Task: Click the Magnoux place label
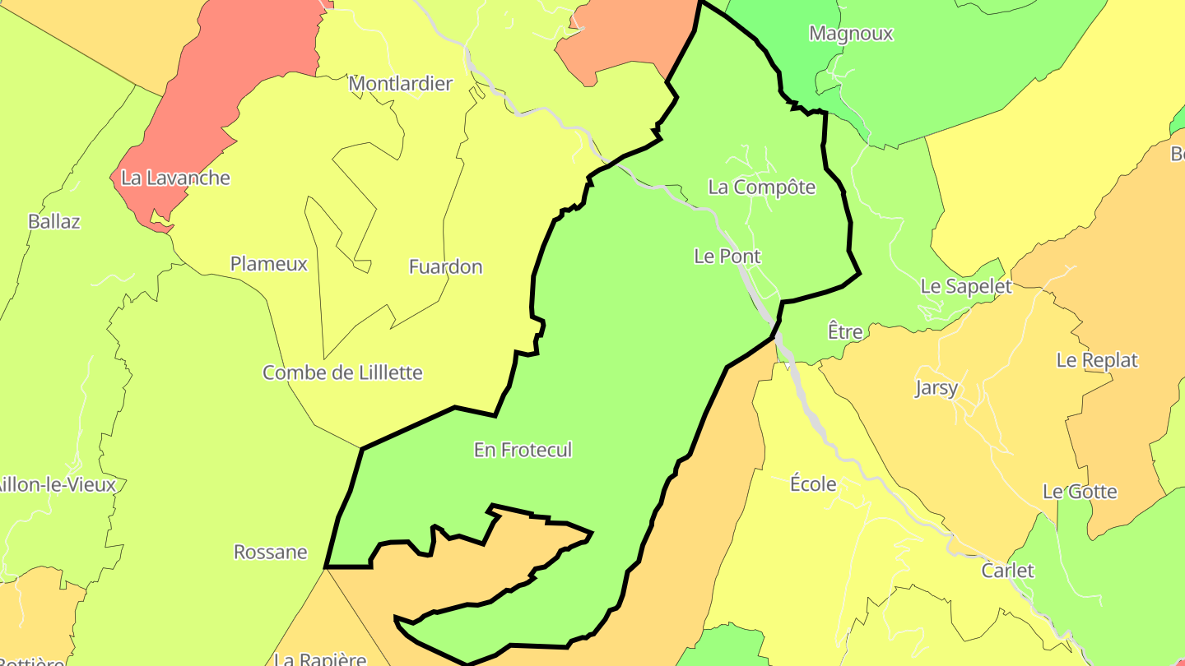pos(851,34)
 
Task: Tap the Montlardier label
pos(401,84)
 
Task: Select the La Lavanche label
pos(175,178)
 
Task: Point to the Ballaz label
pos(53,221)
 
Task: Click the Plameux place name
pos(268,264)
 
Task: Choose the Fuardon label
pos(445,266)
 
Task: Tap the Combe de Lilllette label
pos(342,372)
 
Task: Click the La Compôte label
pos(761,187)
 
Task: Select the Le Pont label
pos(727,257)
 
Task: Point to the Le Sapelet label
pos(965,286)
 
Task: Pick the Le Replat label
pos(1096,360)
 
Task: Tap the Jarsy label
pos(936,388)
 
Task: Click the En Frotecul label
pos(523,450)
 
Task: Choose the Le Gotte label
pos(1080,492)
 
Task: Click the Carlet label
pos(1007,571)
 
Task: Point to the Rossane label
pos(270,552)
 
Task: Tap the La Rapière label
pos(319,659)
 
